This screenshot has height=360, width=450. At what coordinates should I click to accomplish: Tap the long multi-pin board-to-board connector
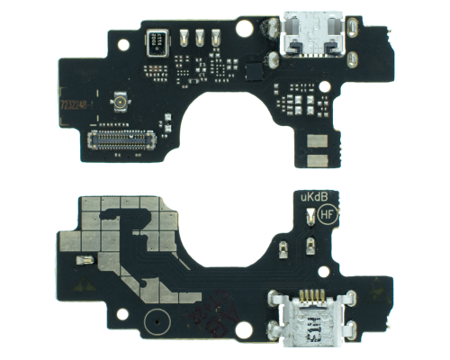click(x=121, y=138)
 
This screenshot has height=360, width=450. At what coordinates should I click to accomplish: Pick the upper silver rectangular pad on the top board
click(x=316, y=142)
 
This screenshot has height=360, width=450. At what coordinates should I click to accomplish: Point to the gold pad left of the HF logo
click(x=310, y=216)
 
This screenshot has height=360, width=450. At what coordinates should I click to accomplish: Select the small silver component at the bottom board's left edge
click(x=84, y=261)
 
